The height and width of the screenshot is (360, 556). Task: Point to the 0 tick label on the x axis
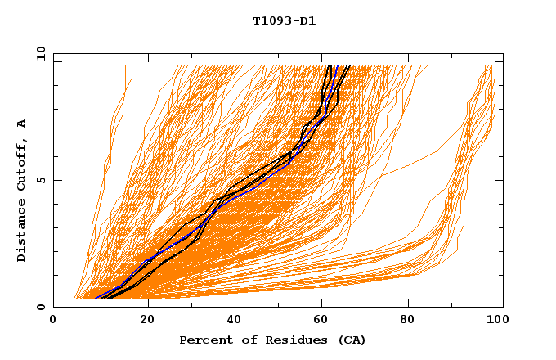click(53, 321)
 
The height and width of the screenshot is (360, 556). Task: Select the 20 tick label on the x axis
click(141, 321)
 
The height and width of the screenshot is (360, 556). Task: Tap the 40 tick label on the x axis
click(231, 321)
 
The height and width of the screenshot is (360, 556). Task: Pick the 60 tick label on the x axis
click(319, 321)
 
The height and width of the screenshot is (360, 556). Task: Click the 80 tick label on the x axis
click(407, 321)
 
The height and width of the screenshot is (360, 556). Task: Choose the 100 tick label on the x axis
click(495, 321)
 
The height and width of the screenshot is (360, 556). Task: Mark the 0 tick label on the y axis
click(41, 308)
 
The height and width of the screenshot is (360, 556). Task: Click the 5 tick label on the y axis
click(41, 180)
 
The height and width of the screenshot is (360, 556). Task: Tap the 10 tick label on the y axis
click(38, 53)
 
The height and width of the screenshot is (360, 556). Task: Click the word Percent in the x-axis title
click(203, 340)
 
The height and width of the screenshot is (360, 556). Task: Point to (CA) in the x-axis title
click(350, 340)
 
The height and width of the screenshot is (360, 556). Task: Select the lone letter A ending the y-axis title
click(21, 124)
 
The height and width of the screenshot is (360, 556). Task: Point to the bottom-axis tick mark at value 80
click(407, 304)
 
